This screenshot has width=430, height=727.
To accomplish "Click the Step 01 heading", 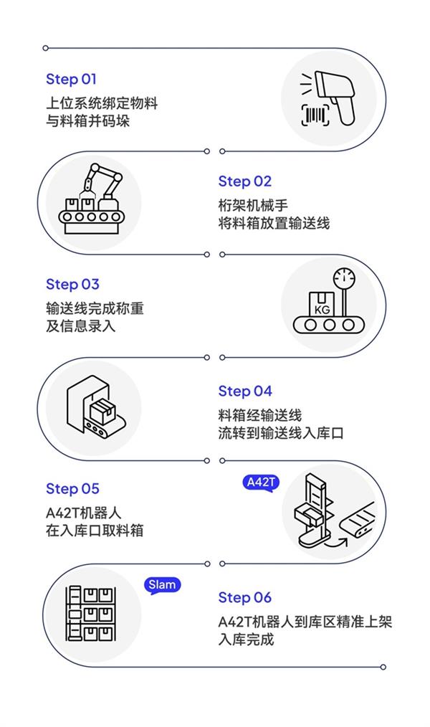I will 71,80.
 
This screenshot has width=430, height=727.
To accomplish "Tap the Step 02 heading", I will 245,181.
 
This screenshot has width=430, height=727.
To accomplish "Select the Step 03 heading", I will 72,285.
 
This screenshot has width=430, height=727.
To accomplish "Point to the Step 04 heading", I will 245,391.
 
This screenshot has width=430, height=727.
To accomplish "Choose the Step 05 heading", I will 72,489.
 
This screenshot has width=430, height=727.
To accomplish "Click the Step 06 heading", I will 245,598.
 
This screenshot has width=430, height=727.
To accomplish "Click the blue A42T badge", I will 260,483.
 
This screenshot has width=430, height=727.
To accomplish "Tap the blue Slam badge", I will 162,585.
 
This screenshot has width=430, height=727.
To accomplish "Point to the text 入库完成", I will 246,639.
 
